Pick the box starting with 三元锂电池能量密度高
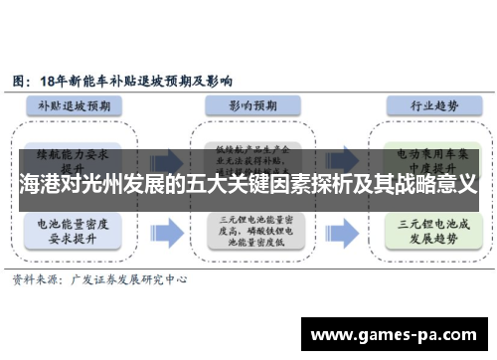[x=250, y=231]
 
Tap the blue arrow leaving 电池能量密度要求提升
[x=167, y=232]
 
